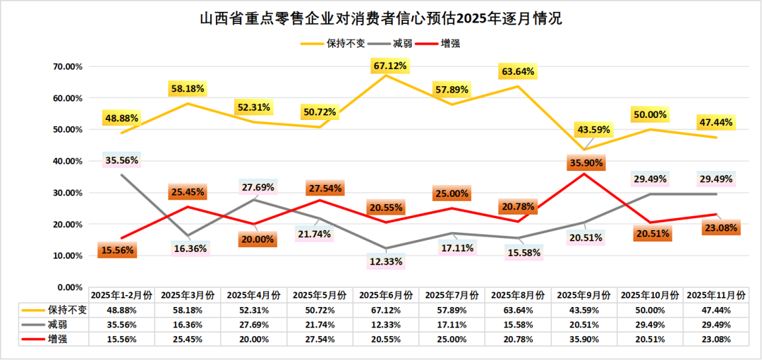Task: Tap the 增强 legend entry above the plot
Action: click(451, 43)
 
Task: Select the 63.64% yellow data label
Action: click(518, 72)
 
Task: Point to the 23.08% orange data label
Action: click(720, 228)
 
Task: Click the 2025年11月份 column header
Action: click(716, 294)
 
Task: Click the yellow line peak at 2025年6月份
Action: click(387, 75)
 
